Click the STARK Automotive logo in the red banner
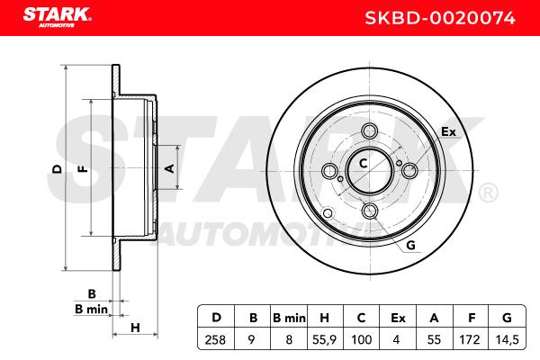tap(58, 17)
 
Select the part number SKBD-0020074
tap(440, 18)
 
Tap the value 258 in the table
tap(215, 340)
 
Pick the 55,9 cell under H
tap(324, 340)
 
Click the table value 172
tap(470, 340)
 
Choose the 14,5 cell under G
tap(507, 340)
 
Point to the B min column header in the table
tap(289, 318)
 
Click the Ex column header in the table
tap(398, 318)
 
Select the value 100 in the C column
tap(361, 340)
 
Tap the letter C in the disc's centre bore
tap(363, 163)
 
